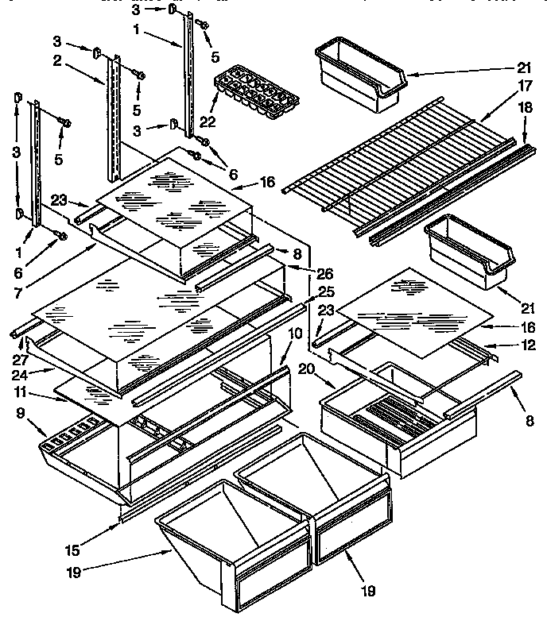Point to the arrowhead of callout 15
[x=118, y=522]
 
